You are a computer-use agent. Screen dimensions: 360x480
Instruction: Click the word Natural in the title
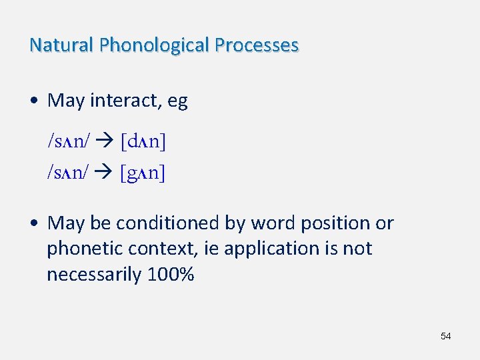pyautogui.click(x=61, y=45)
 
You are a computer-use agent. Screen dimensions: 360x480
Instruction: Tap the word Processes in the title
pyautogui.click(x=257, y=45)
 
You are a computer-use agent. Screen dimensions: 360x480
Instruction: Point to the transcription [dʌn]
pyautogui.click(x=143, y=141)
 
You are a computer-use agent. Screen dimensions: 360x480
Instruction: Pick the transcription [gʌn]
pyautogui.click(x=143, y=173)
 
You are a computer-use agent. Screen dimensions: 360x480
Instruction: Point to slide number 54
pyautogui.click(x=445, y=336)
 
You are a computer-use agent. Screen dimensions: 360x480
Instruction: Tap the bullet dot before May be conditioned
pyautogui.click(x=33, y=223)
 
